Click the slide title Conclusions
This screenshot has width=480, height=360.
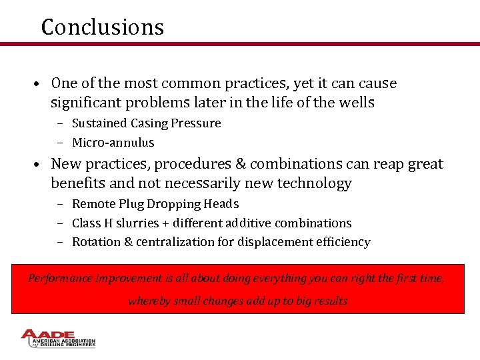tap(102, 27)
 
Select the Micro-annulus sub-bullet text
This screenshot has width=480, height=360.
tap(113, 143)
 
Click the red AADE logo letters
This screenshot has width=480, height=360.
tap(51, 335)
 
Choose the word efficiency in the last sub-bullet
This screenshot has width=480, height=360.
tap(343, 242)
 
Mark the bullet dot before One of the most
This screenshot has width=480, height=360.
tap(40, 85)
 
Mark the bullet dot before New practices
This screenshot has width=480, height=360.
tap(40, 165)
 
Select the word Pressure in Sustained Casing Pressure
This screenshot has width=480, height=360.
tap(197, 123)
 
